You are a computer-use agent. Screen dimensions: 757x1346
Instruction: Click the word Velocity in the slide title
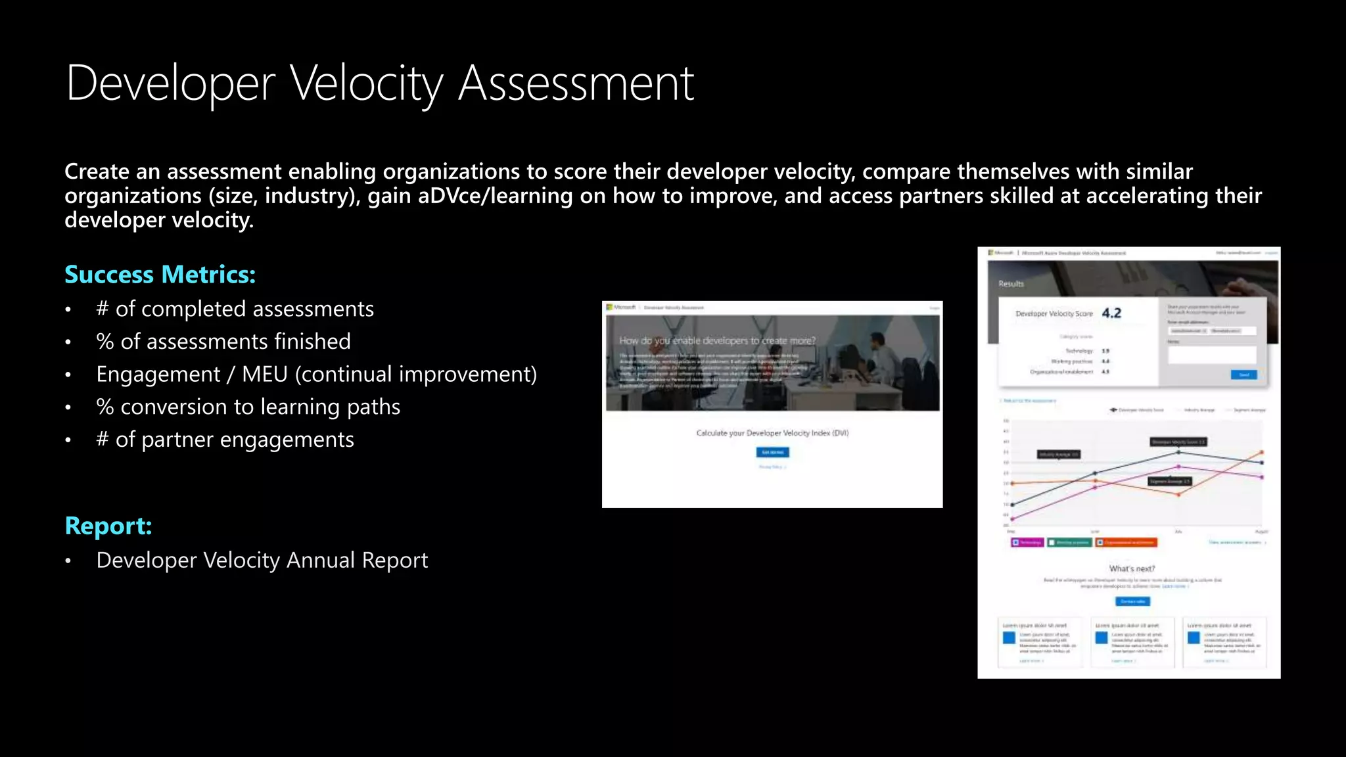(367, 84)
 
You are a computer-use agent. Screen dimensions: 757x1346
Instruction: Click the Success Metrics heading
(160, 275)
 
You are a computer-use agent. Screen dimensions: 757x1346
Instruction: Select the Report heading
(108, 526)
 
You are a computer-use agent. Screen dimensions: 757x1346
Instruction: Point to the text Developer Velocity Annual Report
(262, 561)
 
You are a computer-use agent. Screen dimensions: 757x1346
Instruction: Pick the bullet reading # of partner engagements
(225, 440)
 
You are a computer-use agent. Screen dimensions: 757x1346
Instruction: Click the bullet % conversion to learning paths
(248, 407)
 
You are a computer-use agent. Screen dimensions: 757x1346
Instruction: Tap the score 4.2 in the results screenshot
(1111, 313)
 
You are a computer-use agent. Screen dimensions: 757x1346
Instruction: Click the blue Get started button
(772, 452)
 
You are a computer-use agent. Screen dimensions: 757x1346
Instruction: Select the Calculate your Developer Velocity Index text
(772, 433)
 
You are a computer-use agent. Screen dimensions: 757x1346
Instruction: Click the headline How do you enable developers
(717, 340)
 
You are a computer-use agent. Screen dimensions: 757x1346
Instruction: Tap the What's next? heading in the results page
(1132, 568)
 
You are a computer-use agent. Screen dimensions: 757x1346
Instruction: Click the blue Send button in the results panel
(1243, 375)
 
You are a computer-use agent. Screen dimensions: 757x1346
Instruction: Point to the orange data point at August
(1262, 452)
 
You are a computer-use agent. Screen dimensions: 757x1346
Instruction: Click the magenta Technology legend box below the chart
(1027, 543)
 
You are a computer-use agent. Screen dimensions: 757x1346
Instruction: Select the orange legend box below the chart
(1126, 543)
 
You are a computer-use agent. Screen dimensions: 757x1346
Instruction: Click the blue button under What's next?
(1132, 601)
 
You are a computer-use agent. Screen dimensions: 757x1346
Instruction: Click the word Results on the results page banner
(1011, 284)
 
